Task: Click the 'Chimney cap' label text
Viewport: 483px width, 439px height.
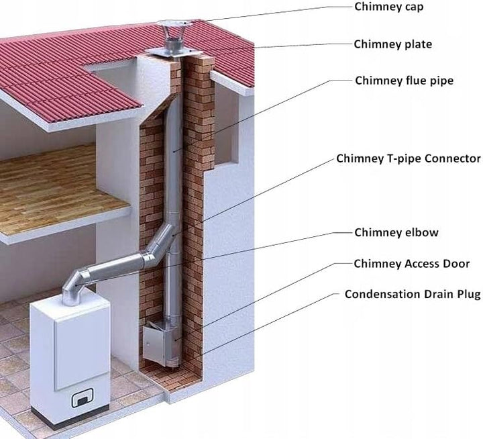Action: click(388, 7)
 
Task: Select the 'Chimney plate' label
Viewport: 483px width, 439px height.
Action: click(392, 44)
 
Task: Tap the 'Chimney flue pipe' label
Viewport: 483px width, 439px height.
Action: click(404, 81)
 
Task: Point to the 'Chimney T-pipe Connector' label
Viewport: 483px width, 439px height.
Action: click(409, 158)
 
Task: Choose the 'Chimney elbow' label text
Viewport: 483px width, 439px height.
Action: click(396, 232)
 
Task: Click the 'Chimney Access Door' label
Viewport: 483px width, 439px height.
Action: click(411, 264)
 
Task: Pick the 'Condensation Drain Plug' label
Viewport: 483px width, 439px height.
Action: click(413, 294)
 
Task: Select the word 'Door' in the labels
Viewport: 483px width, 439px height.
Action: click(456, 264)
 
